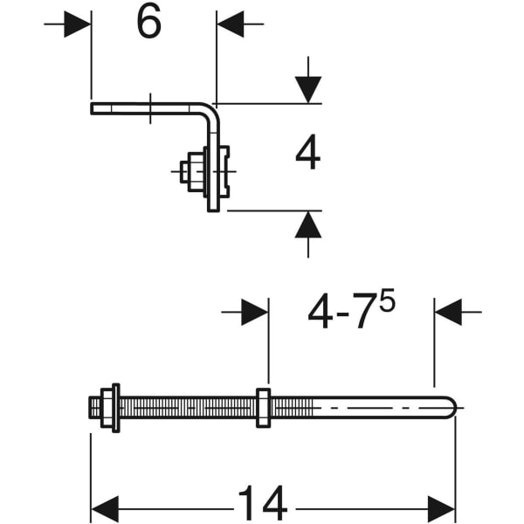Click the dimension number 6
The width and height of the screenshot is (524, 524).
coord(148,24)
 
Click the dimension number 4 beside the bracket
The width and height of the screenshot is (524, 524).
coord(307,155)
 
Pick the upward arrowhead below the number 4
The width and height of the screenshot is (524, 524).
coord(307,224)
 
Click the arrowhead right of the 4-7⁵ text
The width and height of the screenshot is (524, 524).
coord(447,312)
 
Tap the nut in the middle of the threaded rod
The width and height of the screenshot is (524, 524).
coord(263,407)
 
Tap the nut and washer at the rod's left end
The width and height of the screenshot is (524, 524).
coord(108,407)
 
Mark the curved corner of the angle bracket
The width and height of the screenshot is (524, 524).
coord(210,112)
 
